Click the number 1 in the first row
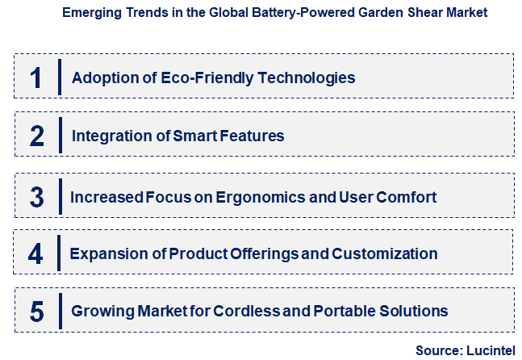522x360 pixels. [x=35, y=77]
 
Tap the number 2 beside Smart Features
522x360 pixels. [x=37, y=136]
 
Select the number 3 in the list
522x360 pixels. [x=36, y=196]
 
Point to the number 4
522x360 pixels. [x=36, y=253]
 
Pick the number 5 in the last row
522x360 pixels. [x=37, y=311]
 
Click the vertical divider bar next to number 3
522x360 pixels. [x=60, y=196]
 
